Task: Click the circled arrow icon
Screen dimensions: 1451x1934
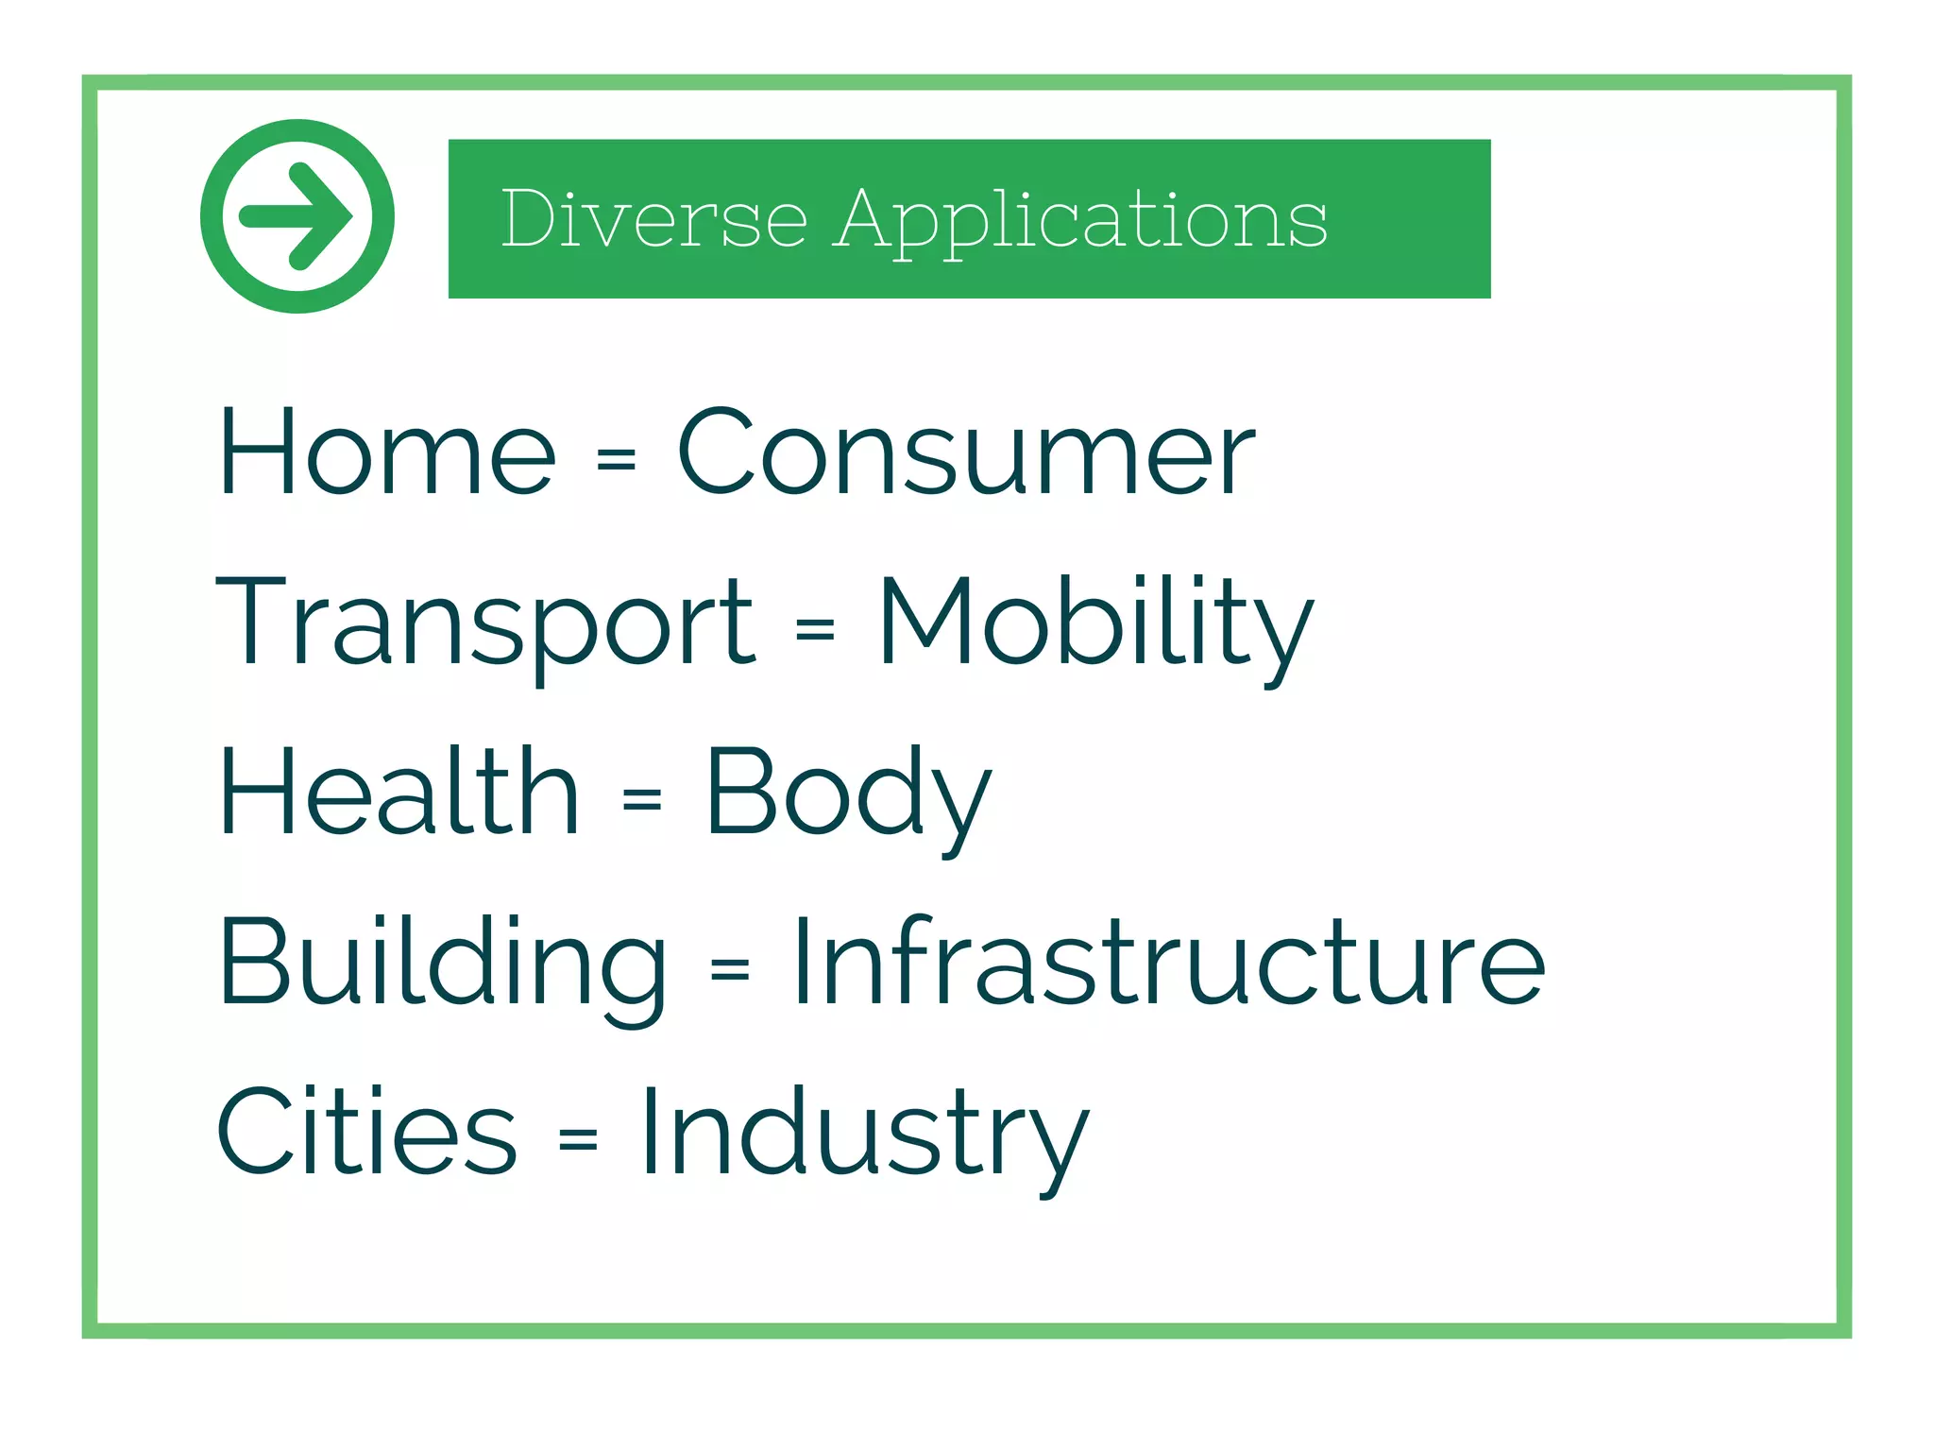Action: (297, 216)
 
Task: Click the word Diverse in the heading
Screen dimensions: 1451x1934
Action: (653, 219)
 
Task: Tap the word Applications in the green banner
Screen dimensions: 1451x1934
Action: (1080, 221)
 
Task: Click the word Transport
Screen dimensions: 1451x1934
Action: (485, 623)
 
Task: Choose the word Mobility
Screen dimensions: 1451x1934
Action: (1095, 623)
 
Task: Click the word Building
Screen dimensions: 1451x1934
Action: (443, 964)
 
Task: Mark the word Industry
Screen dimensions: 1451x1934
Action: (864, 1134)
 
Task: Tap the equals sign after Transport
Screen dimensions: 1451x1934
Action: (816, 628)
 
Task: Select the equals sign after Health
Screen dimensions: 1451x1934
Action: (642, 798)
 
